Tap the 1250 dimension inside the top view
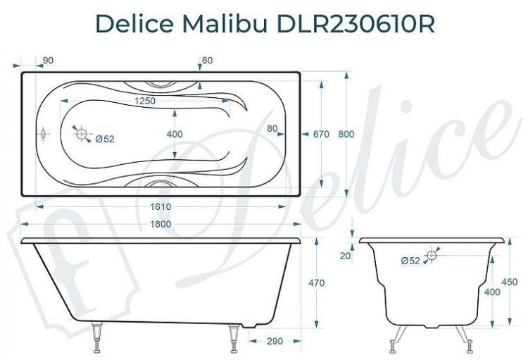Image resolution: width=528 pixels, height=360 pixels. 144,101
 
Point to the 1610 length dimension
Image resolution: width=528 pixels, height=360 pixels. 161,206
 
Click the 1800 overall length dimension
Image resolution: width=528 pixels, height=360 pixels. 162,224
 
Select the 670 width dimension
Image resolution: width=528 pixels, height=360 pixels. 322,134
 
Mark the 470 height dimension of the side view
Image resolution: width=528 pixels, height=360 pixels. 316,283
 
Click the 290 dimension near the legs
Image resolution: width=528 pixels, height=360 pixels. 275,341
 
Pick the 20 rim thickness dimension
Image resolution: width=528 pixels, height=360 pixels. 344,256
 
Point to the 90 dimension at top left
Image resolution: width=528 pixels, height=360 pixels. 48,61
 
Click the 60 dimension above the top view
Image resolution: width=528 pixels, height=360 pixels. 207,61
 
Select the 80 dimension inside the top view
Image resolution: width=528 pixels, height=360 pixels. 272,128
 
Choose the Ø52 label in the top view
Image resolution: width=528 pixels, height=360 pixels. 104,139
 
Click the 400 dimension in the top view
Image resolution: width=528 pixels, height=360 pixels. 175,134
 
